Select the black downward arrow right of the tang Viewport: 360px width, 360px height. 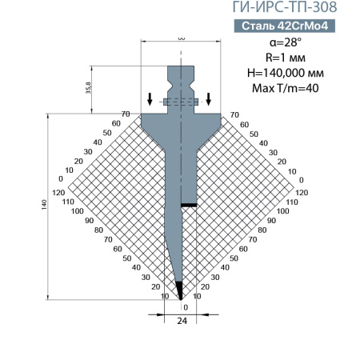210,99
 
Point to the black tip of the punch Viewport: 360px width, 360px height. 180,289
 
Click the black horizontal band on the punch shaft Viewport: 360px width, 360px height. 189,205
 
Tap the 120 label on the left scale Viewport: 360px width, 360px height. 58,194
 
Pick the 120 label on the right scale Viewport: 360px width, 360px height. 302,194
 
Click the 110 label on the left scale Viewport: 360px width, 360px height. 66,202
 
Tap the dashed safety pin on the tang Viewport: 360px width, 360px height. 180,102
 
